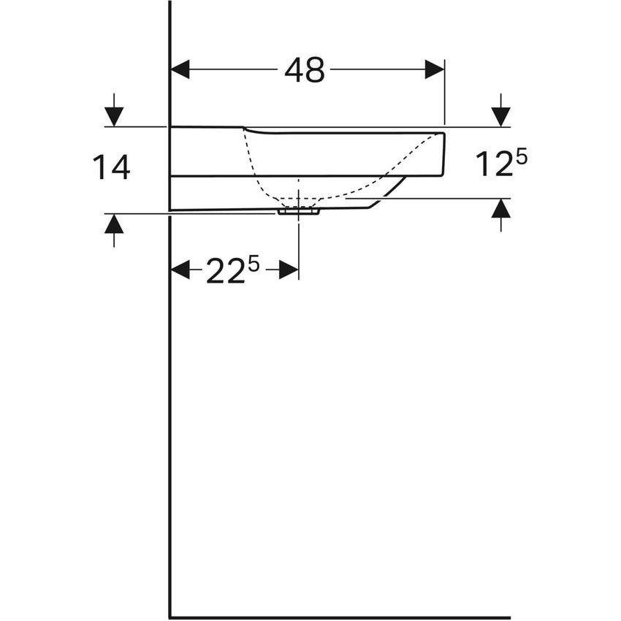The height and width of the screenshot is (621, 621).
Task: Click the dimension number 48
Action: tap(305, 70)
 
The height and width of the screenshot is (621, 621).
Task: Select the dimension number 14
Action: tap(111, 167)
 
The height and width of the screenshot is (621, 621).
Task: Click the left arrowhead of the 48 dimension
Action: tap(180, 69)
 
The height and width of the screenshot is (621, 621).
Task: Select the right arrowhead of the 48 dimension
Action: tap(435, 69)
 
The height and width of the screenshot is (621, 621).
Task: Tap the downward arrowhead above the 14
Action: tap(114, 115)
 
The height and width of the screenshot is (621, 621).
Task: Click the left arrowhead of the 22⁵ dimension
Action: tap(180, 270)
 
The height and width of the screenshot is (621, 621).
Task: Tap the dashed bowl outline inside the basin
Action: tap(256, 172)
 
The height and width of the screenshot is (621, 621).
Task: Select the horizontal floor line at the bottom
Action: tap(340, 617)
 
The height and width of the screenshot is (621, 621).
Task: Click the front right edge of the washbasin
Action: tap(443, 153)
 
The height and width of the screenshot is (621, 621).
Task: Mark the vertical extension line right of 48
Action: tap(444, 95)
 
